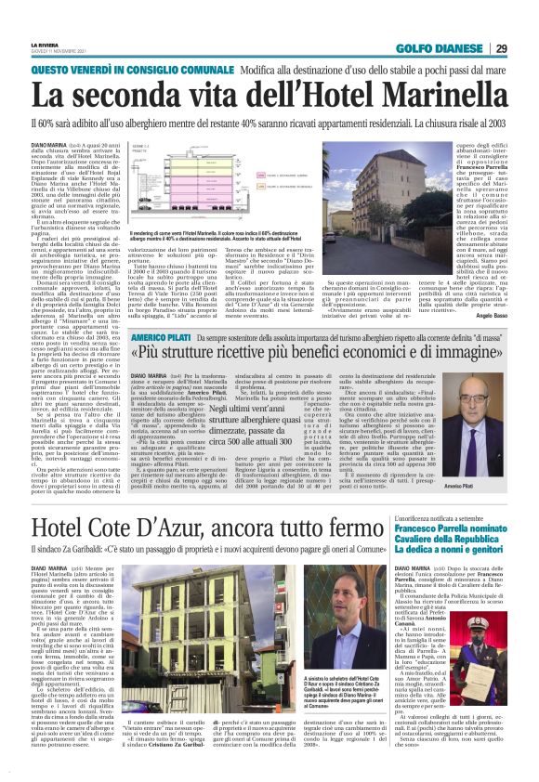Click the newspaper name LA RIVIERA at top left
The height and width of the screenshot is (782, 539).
45,44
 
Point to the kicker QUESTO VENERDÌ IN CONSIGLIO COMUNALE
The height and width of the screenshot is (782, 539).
131,71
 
